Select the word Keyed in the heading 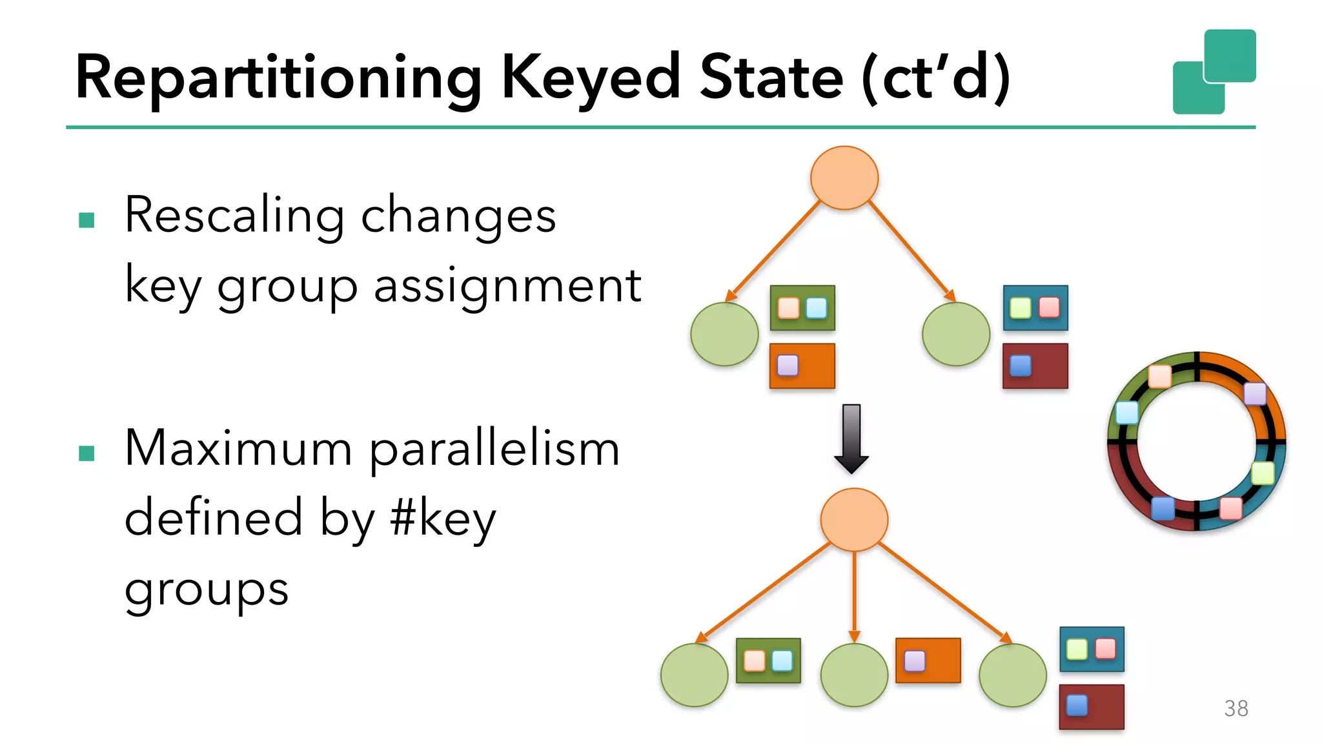pos(591,77)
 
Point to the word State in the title pos(771,77)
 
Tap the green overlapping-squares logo pos(1214,72)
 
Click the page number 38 pos(1236,708)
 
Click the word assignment pos(507,285)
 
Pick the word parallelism pos(494,449)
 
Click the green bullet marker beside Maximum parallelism pos(86,453)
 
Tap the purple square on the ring pos(1255,393)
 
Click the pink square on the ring pos(1230,508)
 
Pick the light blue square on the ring pos(1127,412)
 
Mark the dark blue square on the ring pos(1163,508)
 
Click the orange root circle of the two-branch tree pos(844,178)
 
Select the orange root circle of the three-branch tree pos(854,520)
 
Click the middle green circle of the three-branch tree pos(854,675)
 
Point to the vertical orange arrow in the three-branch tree pos(854,594)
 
